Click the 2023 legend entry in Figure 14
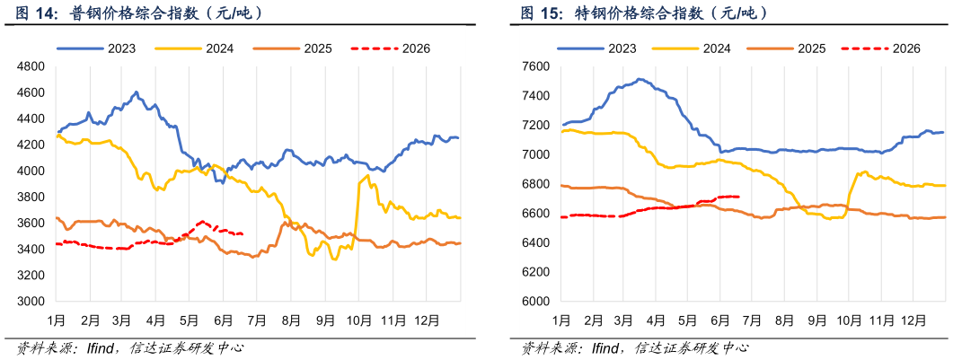[96, 48]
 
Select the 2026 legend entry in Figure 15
[881, 48]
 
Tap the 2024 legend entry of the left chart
[195, 48]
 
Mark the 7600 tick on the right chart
[537, 66]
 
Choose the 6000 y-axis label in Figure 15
[537, 301]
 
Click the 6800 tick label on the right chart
[537, 184]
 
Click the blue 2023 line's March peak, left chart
[137, 92]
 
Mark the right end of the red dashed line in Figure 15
[737, 196]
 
